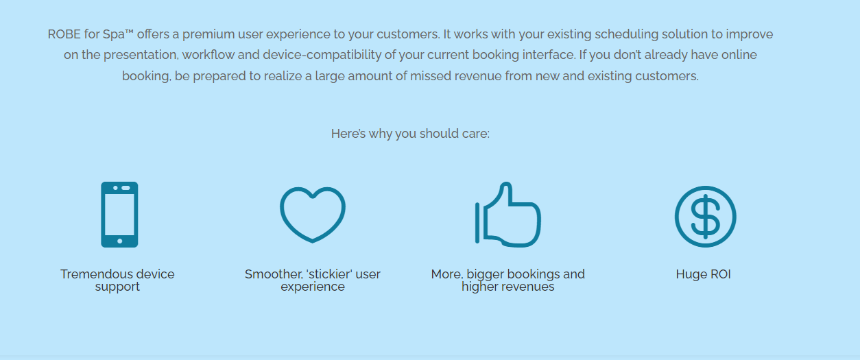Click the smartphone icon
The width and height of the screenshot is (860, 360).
click(119, 215)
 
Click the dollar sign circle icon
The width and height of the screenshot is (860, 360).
click(706, 217)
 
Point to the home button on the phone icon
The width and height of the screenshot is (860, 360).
click(120, 241)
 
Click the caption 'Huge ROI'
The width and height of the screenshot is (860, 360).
click(704, 274)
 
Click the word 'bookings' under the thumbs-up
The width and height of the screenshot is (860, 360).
click(528, 274)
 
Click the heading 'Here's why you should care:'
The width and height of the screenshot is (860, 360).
click(410, 134)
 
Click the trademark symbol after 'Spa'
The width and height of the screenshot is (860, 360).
click(129, 32)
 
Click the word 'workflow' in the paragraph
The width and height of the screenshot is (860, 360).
click(208, 55)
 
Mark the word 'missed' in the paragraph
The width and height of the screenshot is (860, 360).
click(431, 76)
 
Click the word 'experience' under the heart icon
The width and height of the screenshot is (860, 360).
click(313, 287)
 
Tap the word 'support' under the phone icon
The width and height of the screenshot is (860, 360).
click(117, 287)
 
